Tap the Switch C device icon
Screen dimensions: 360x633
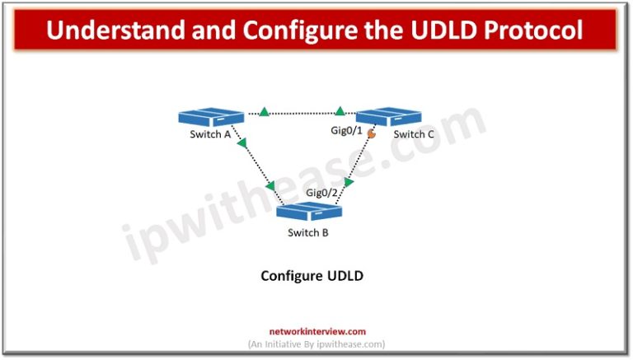tap(389, 116)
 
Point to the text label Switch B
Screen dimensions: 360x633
tap(308, 232)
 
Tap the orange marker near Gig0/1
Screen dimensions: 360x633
tap(371, 133)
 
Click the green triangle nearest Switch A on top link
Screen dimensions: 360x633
tap(264, 111)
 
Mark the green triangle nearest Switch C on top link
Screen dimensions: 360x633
tap(340, 110)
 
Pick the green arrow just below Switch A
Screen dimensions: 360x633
tap(242, 144)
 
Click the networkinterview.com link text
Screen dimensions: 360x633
tap(316, 332)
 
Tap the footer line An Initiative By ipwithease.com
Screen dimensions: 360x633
tap(316, 344)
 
